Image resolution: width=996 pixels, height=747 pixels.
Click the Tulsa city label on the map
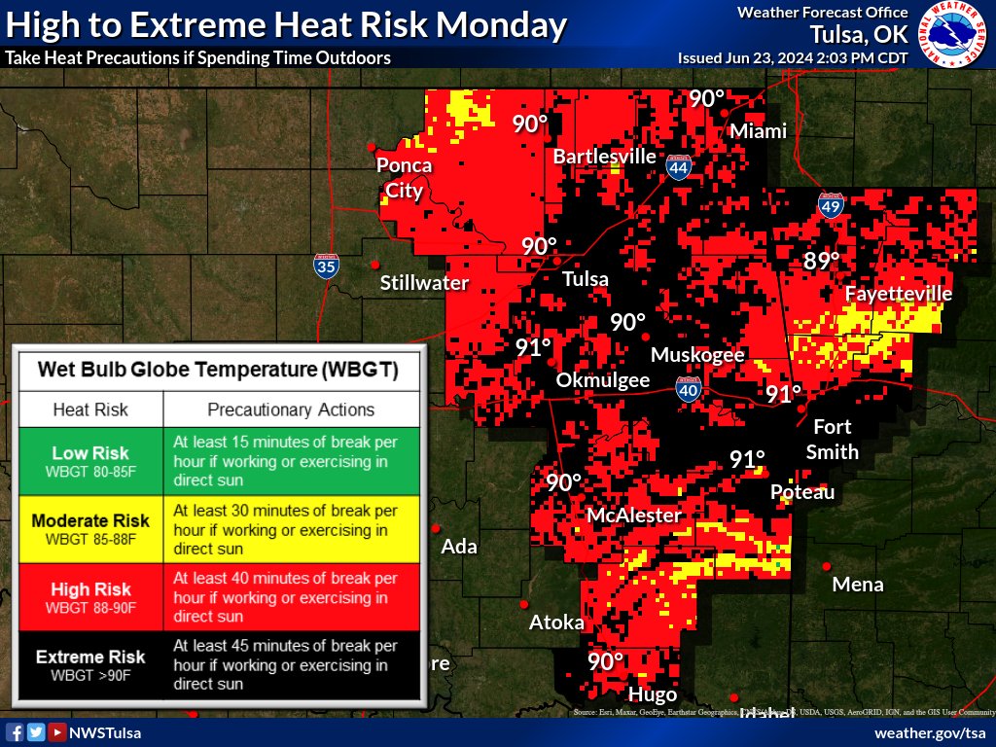click(586, 279)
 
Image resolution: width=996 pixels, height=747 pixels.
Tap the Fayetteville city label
click(898, 294)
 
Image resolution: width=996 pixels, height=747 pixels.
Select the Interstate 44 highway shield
click(679, 168)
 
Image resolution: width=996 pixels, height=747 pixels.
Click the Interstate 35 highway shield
click(326, 266)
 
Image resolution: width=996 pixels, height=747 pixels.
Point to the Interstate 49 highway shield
click(829, 204)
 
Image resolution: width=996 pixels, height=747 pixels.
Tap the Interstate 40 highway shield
click(688, 390)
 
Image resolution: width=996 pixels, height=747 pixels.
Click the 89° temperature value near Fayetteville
click(822, 261)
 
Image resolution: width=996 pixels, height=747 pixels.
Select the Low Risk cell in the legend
click(91, 460)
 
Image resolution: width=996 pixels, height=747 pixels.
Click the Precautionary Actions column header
click(291, 409)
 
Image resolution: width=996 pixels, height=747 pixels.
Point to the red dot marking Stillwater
click(375, 265)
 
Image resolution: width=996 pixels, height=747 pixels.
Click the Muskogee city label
click(697, 355)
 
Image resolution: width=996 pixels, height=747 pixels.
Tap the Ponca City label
click(405, 178)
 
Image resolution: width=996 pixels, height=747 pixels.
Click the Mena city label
click(858, 585)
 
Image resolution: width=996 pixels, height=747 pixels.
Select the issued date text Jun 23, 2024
click(766, 58)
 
